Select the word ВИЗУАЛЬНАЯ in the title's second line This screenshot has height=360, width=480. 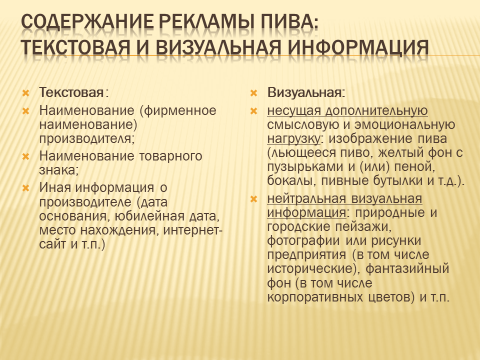pos(218,47)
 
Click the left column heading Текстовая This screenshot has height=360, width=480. pos(71,92)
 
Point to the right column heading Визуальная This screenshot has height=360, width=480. pos(304,92)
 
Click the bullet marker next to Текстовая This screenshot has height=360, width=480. pos(25,93)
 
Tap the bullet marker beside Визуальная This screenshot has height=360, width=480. pos(253,93)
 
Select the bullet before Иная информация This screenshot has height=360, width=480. pos(25,188)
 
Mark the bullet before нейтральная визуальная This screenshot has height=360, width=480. pos(253,199)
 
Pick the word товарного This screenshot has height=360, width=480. pos(170,156)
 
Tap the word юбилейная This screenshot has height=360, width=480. pos(149,216)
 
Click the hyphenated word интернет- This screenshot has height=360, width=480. pos(192,230)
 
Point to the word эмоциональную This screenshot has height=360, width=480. pos(404,125)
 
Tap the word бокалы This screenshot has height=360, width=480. pos(291,181)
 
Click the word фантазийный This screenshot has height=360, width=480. pos(407,269)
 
